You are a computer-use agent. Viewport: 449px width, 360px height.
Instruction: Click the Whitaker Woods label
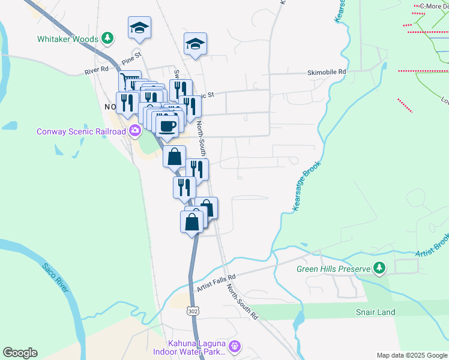click(68, 39)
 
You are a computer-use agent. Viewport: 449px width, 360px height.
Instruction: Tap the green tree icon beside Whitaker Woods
click(107, 39)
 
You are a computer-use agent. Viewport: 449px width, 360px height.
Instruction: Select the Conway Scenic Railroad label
click(82, 131)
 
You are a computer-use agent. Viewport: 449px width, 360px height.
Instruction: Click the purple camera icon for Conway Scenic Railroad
click(135, 130)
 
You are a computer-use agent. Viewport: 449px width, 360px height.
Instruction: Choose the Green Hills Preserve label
click(333, 269)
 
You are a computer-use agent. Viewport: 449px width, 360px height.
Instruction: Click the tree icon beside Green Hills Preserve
click(379, 268)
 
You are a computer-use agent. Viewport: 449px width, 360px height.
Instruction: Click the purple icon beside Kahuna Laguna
click(235, 346)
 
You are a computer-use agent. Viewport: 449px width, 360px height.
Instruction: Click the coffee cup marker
click(167, 126)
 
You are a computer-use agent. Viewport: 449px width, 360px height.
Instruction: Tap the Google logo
click(20, 353)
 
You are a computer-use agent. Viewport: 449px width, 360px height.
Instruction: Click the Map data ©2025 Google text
click(411, 355)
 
